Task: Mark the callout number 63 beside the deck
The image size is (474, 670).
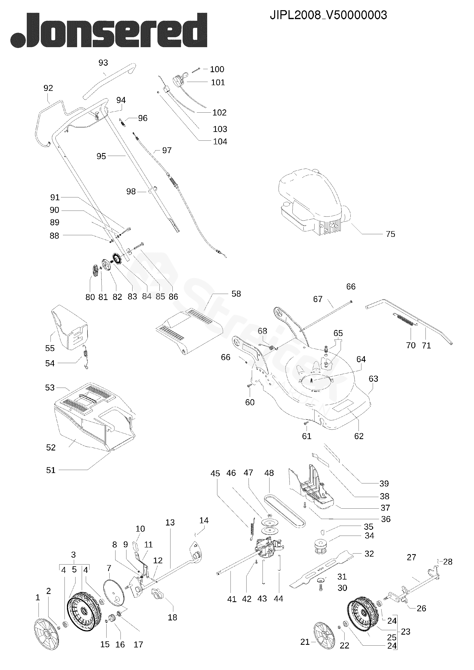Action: click(373, 379)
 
